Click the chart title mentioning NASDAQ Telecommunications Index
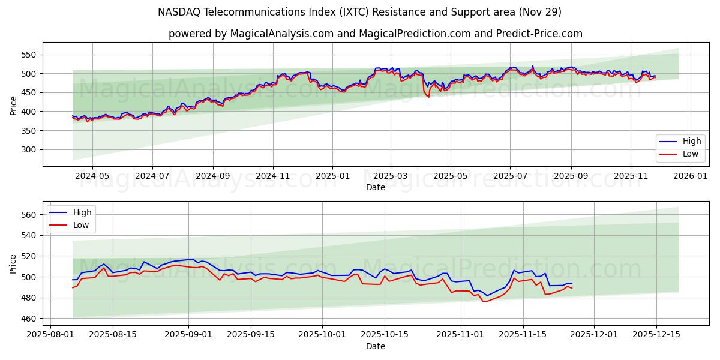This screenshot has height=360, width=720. tap(359, 12)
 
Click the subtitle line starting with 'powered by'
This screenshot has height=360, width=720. tap(375, 34)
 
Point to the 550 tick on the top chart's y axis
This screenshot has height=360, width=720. tap(28, 55)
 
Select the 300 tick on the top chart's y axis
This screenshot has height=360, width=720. tap(28, 149)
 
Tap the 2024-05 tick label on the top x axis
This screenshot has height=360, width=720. tap(92, 176)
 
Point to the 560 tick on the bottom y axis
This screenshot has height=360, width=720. tap(28, 215)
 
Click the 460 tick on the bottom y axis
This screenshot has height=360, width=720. tap(28, 319)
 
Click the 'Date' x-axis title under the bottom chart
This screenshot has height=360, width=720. tap(375, 346)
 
